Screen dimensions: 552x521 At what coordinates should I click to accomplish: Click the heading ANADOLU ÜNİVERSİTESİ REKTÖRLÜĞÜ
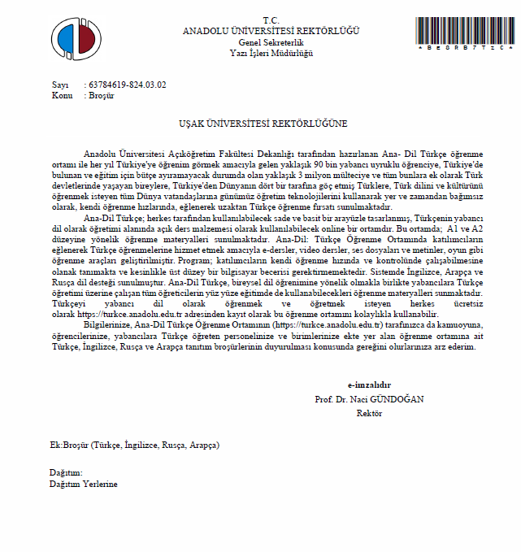(271, 31)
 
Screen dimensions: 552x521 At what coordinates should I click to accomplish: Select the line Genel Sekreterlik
(271, 41)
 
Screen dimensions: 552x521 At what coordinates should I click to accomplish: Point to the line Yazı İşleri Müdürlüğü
(271, 52)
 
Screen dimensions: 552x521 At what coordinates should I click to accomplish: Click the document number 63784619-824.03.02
(128, 85)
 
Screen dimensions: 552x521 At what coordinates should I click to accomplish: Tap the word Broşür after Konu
(102, 95)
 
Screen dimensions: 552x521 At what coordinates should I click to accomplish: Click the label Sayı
(60, 85)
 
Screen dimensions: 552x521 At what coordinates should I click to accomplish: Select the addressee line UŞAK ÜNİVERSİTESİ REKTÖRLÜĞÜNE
(263, 124)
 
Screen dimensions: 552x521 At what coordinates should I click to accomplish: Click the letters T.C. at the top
(271, 20)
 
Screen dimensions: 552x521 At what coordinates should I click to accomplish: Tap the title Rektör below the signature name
(369, 413)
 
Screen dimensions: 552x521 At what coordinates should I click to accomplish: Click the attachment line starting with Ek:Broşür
(134, 445)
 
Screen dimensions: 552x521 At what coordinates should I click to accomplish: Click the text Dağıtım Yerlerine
(84, 484)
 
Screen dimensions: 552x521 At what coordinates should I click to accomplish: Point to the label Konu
(62, 95)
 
